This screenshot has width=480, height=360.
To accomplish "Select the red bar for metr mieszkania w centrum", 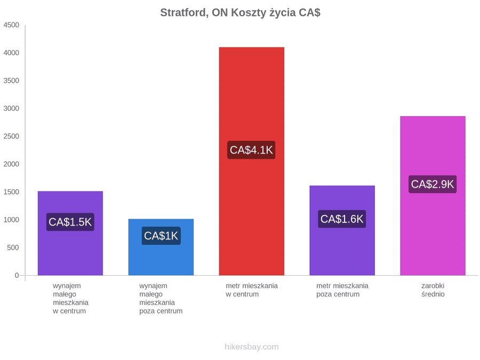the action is click(252, 161).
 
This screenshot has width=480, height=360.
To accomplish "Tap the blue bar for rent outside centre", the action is click(161, 247).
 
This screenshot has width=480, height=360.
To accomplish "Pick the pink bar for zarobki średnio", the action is click(433, 196).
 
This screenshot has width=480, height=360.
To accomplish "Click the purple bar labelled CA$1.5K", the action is click(70, 233).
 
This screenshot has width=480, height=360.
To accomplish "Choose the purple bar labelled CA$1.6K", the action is click(342, 230).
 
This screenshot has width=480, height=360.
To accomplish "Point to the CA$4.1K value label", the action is click(251, 150).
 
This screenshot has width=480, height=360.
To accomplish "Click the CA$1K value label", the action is click(161, 236).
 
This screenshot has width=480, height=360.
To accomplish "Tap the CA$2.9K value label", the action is click(433, 185).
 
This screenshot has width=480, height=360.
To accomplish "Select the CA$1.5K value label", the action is click(70, 222).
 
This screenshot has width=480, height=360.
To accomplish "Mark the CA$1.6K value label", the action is click(342, 219).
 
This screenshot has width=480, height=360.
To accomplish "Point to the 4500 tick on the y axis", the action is click(11, 25).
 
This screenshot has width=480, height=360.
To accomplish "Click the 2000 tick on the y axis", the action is click(11, 164).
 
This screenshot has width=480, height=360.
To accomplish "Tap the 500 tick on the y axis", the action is click(13, 247).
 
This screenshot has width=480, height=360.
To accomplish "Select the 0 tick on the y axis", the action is click(17, 275).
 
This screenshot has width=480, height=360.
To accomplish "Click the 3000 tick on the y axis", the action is click(11, 108).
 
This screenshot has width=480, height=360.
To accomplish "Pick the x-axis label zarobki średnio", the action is click(433, 290).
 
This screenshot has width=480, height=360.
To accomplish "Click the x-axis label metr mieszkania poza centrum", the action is click(342, 290).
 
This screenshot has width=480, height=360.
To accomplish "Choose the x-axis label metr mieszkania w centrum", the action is click(252, 290).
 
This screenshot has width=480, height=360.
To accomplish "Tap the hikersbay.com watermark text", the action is click(252, 347).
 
